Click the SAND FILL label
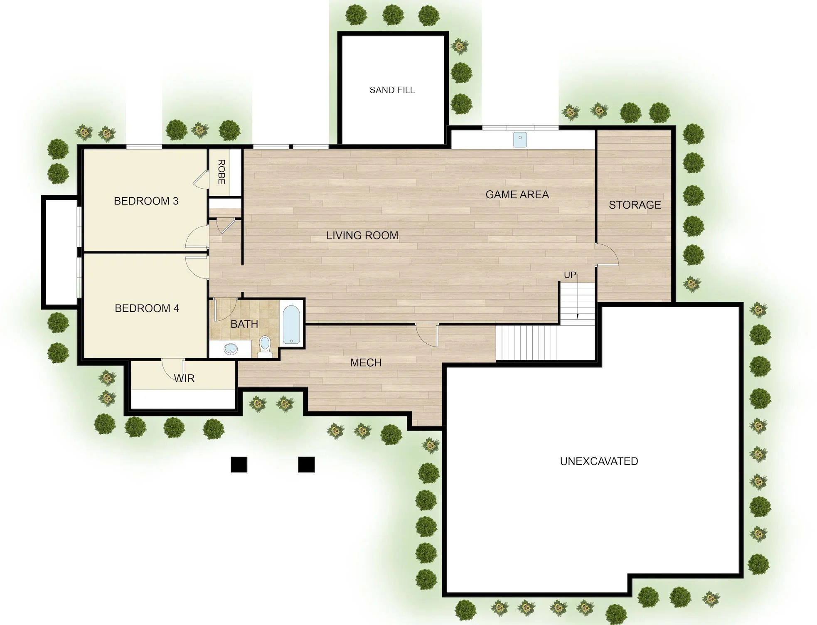392,90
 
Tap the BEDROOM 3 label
146,201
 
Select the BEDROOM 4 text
147,308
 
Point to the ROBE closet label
221,172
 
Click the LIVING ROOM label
362,236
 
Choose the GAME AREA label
517,194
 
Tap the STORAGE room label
635,205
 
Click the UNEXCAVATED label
599,461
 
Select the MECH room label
366,363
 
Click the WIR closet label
184,379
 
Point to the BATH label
244,324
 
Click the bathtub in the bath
292,325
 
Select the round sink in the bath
230,349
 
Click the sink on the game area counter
519,140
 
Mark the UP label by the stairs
570,275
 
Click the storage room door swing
607,254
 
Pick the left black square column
239,465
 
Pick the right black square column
306,465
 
